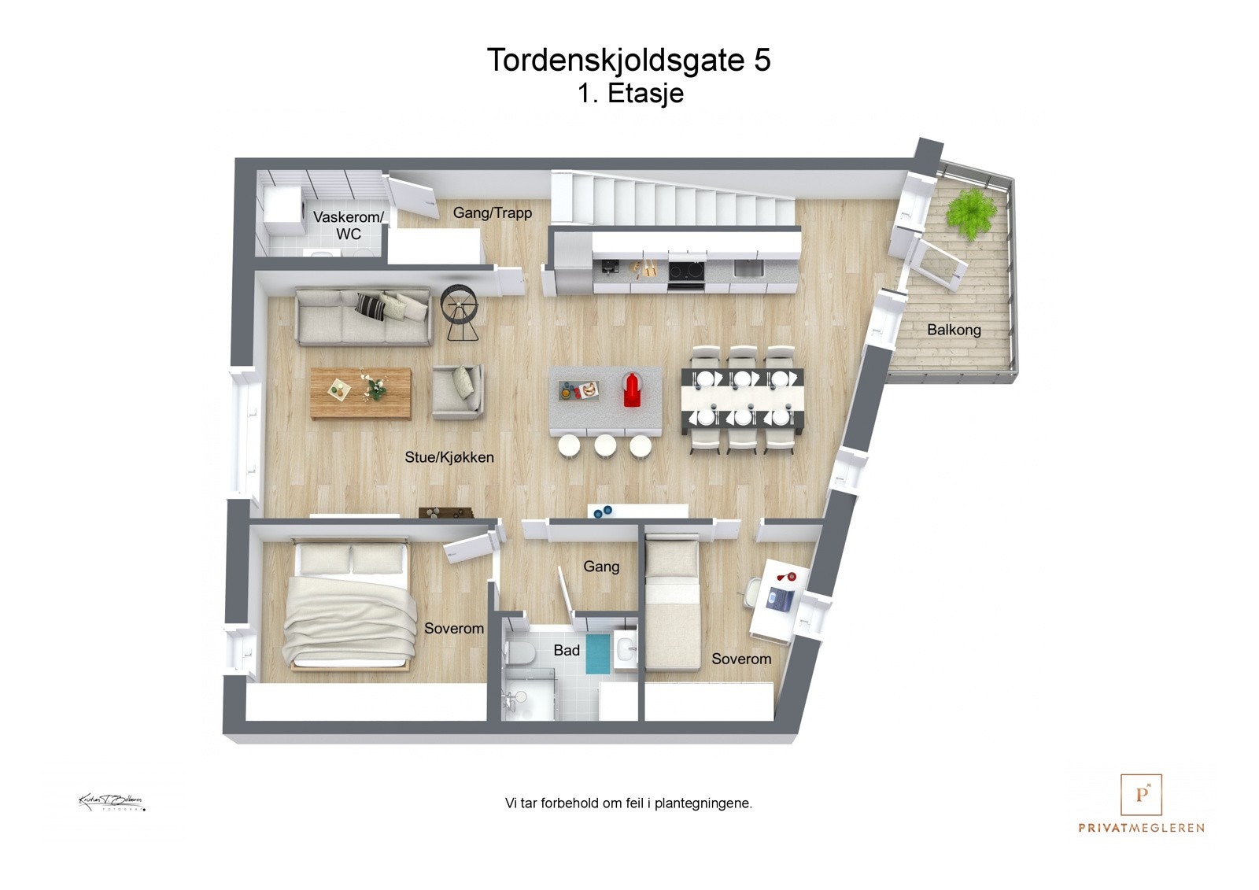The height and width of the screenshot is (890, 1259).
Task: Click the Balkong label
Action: pyautogui.click(x=954, y=330)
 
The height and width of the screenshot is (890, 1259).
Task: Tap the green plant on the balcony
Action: pyautogui.click(x=972, y=212)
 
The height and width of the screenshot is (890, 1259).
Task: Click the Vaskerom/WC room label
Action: pyautogui.click(x=349, y=225)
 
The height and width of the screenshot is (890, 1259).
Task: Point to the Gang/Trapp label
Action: pyautogui.click(x=493, y=212)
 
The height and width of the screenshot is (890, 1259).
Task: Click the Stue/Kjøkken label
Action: pyautogui.click(x=449, y=457)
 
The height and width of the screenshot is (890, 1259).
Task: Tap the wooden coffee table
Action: pyautogui.click(x=360, y=392)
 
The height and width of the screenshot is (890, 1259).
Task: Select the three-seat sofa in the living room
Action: pyautogui.click(x=364, y=317)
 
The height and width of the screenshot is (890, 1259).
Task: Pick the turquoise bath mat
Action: pyautogui.click(x=598, y=654)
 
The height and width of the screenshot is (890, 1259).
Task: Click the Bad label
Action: pyautogui.click(x=567, y=650)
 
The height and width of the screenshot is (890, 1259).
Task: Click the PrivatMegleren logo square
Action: pyautogui.click(x=1141, y=795)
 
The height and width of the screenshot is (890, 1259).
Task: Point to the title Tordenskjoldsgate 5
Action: pyautogui.click(x=629, y=60)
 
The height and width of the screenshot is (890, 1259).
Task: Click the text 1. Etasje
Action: pyautogui.click(x=630, y=94)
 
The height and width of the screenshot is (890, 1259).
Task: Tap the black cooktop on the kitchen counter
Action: pyautogui.click(x=685, y=271)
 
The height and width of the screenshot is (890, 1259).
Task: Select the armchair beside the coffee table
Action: pyautogui.click(x=457, y=391)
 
